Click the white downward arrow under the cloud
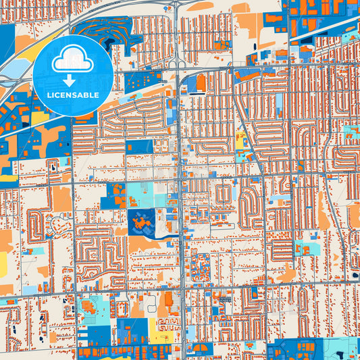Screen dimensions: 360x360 point(72,76)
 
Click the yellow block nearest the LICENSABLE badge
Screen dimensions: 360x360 point(41,119)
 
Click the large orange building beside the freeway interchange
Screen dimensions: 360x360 point(201,83)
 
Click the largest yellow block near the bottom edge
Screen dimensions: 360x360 point(162,332)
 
